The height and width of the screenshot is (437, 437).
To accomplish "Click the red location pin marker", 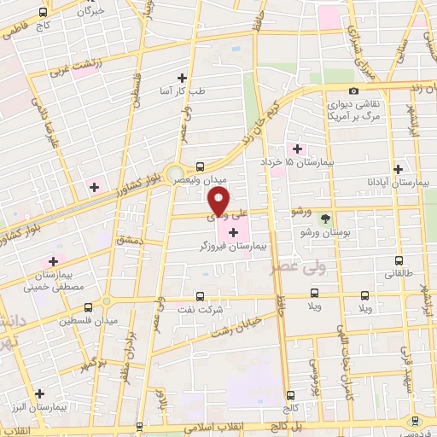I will point(219,202).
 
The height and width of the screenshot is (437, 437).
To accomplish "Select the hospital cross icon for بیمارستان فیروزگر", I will point(234,232).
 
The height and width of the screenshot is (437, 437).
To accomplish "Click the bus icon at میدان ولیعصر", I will point(200,166).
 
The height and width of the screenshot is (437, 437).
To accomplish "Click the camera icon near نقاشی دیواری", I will point(353,90).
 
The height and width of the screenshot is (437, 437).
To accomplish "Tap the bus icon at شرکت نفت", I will point(201,296).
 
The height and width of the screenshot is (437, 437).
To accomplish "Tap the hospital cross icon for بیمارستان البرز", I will point(39,393).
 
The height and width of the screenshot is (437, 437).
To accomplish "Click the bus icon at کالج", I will point(290,395).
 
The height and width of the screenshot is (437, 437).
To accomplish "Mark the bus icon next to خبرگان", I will point(44,13).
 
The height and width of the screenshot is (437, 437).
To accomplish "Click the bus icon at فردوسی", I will point(415,420).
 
